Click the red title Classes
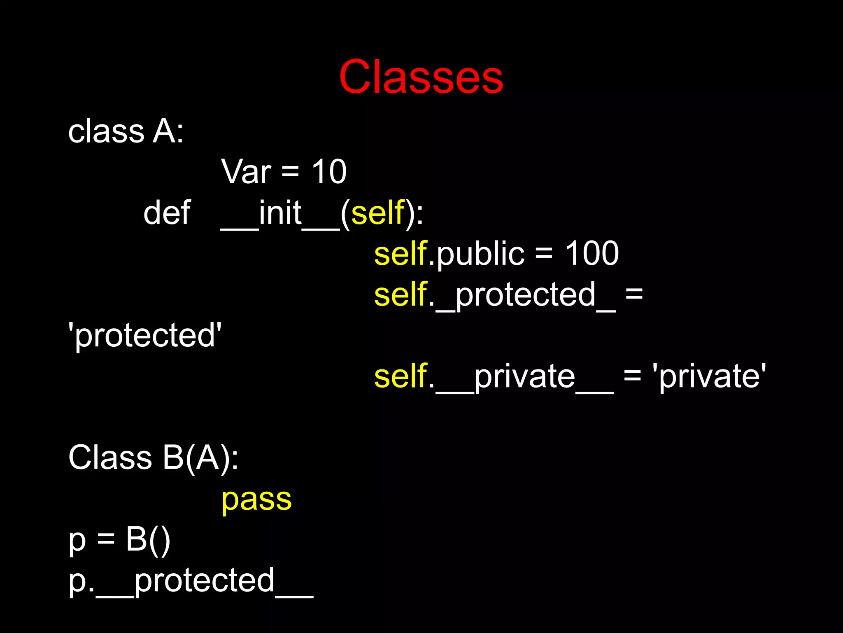pyautogui.click(x=421, y=77)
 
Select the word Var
pyautogui.click(x=246, y=172)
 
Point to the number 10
pyautogui.click(x=329, y=172)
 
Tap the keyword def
pyautogui.click(x=167, y=213)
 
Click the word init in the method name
pyautogui.click(x=280, y=213)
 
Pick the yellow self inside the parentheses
pyautogui.click(x=378, y=213)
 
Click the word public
pyautogui.click(x=480, y=254)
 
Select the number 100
pyautogui.click(x=591, y=253)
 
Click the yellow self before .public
pyautogui.click(x=400, y=253)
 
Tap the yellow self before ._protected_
pyautogui.click(x=400, y=294)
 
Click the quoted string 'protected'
pyautogui.click(x=145, y=336)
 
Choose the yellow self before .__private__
pyautogui.click(x=400, y=376)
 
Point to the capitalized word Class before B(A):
pyautogui.click(x=110, y=458)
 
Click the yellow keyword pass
pyautogui.click(x=256, y=500)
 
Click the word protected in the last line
pyautogui.click(x=204, y=581)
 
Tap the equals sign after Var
pyautogui.click(x=290, y=172)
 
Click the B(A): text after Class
pyautogui.click(x=200, y=458)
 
